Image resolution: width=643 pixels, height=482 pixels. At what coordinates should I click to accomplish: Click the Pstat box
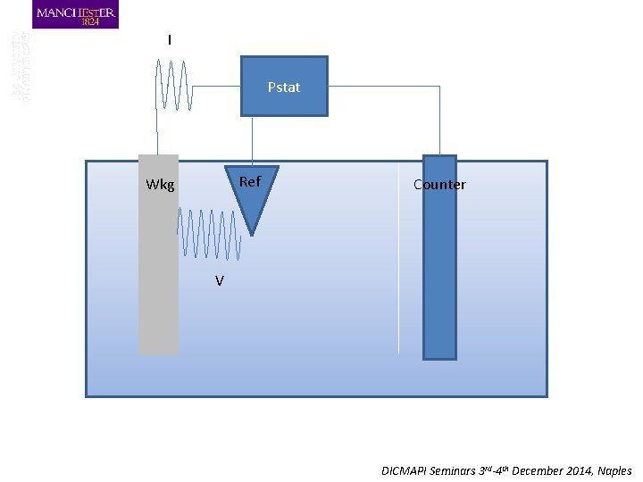[x=284, y=87]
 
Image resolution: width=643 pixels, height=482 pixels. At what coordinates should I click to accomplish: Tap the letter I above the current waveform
[x=170, y=40]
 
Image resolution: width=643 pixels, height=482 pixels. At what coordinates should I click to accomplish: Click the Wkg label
[x=160, y=186]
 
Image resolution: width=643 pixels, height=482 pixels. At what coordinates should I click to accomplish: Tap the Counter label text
[x=439, y=185]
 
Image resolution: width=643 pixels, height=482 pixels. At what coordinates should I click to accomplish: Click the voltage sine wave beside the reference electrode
[x=210, y=235]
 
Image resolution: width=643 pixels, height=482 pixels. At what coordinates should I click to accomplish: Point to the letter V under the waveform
[x=219, y=281]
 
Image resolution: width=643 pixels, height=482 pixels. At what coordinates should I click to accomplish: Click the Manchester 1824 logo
[x=75, y=14]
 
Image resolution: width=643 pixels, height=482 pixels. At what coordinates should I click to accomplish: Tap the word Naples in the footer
[x=614, y=470]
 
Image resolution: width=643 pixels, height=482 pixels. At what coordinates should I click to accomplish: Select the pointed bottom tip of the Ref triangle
[x=252, y=234]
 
